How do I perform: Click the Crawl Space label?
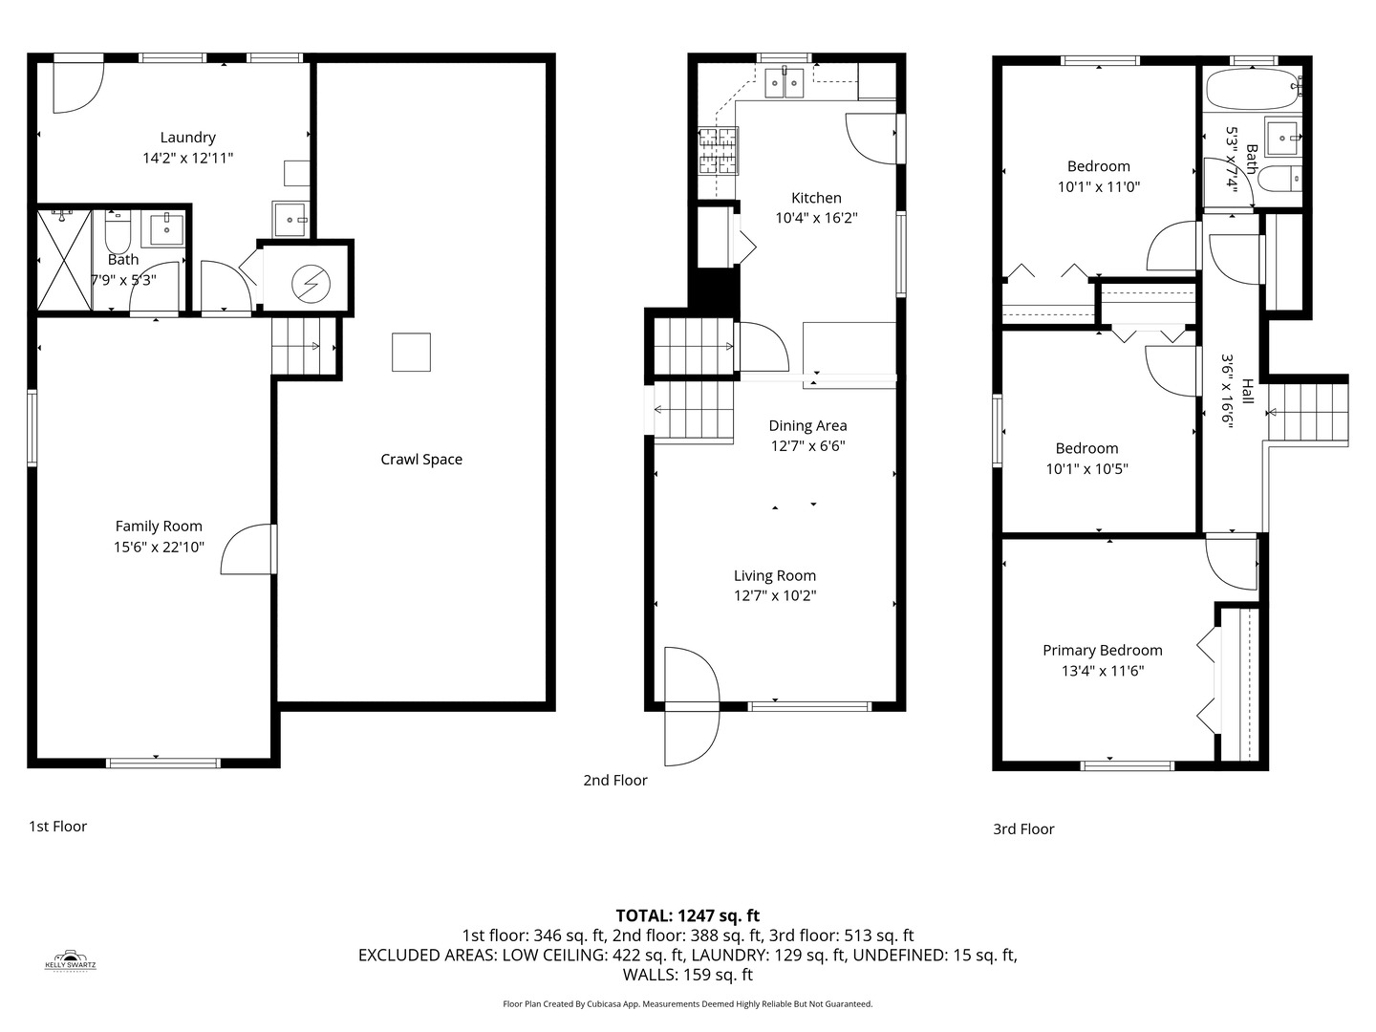(421, 460)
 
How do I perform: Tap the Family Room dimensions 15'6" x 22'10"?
(159, 548)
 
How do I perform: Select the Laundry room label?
(187, 138)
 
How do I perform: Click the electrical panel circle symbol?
(311, 283)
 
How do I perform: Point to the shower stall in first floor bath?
(64, 260)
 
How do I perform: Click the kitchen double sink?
(785, 83)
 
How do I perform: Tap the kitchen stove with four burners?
(718, 151)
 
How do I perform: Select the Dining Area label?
(807, 426)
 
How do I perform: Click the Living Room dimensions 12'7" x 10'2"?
(774, 596)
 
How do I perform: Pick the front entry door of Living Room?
(691, 707)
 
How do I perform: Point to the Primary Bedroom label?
(1102, 651)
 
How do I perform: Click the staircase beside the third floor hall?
(1307, 412)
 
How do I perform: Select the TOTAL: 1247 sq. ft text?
(687, 915)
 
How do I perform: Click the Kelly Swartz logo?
(71, 960)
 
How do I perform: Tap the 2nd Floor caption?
(615, 781)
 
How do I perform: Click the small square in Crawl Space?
(411, 352)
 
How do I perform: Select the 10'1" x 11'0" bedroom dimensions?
(1098, 187)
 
